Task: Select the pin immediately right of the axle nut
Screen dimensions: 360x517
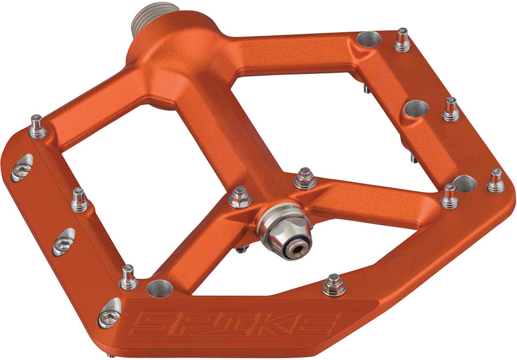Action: (302, 180)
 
